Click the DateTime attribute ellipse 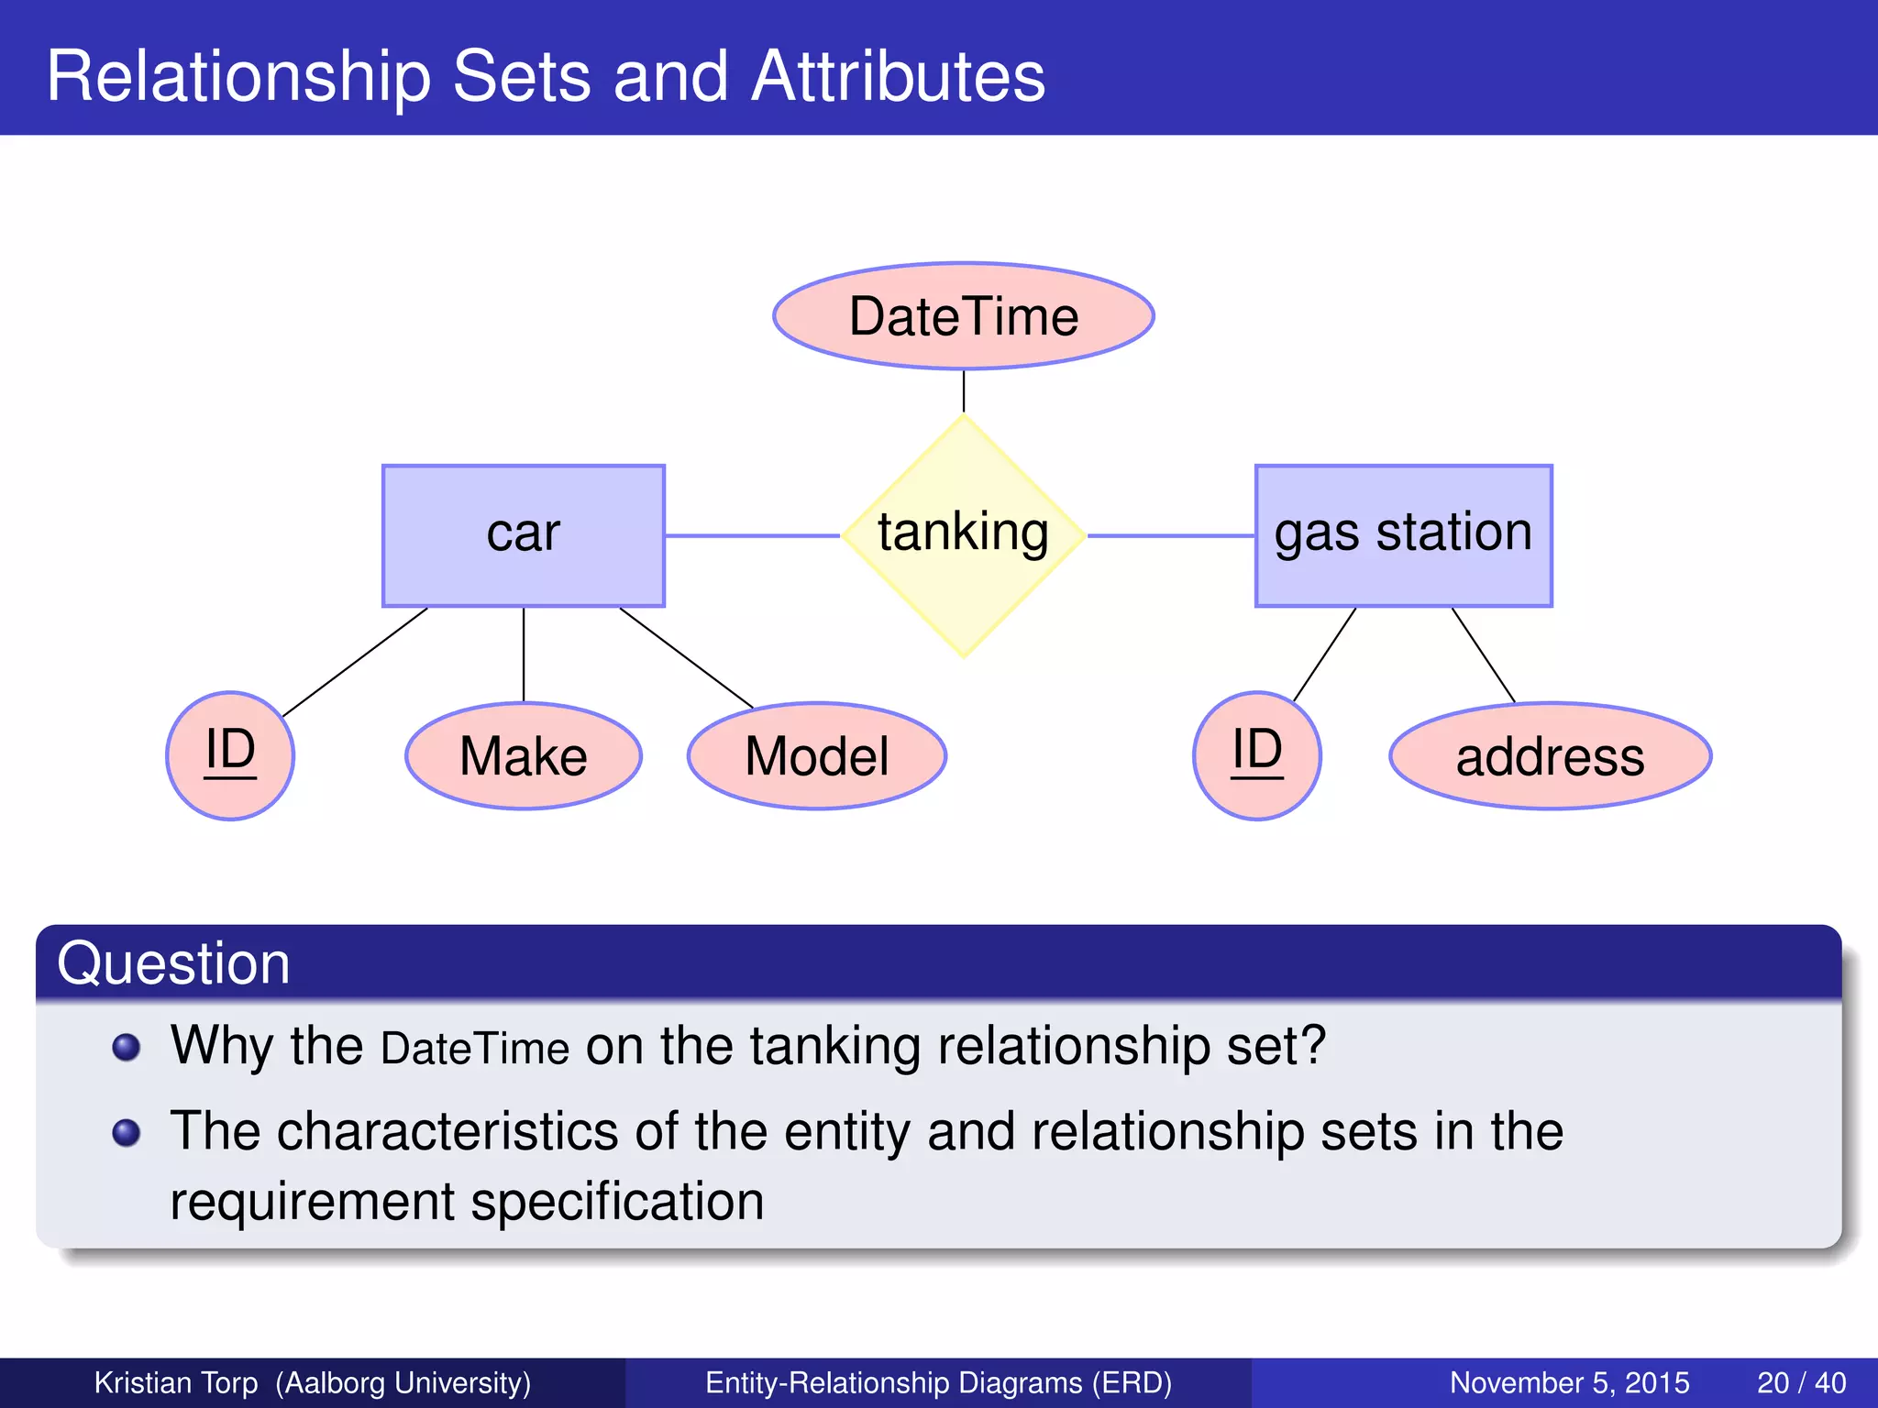tap(963, 316)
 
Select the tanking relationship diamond tap(963, 534)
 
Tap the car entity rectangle tap(523, 535)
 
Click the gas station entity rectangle tap(1403, 535)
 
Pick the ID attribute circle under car tap(230, 755)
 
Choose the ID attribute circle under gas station tap(1256, 755)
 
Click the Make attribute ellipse tap(523, 756)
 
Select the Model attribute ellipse tap(816, 756)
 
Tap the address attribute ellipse tap(1550, 756)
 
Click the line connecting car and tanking tap(752, 535)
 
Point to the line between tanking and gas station tap(1171, 535)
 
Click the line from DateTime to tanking tap(964, 391)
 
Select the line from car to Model tap(686, 657)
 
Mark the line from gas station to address tap(1483, 654)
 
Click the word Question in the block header tap(174, 963)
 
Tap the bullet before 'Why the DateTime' tap(127, 1046)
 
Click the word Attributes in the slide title tap(898, 76)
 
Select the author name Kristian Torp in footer tap(176, 1382)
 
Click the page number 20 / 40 tap(1801, 1382)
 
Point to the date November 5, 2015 tap(1569, 1382)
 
